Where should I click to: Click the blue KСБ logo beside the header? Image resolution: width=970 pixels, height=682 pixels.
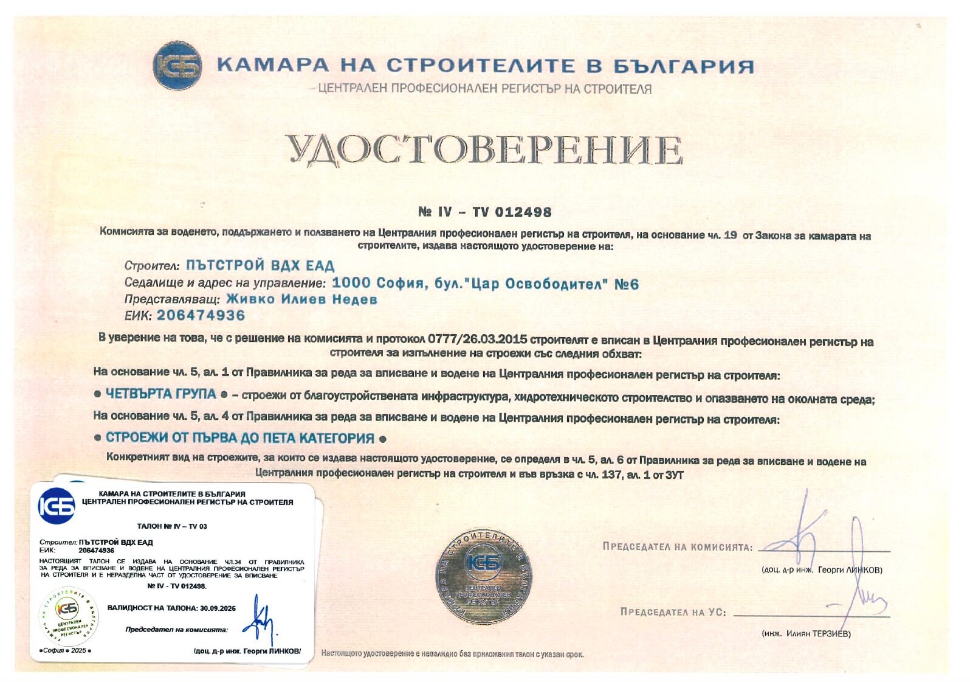point(178,66)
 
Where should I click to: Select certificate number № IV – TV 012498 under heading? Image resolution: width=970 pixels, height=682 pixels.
point(485,212)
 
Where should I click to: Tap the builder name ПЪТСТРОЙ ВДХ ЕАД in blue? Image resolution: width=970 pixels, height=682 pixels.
point(260,265)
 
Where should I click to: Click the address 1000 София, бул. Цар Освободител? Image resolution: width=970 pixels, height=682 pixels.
point(485,284)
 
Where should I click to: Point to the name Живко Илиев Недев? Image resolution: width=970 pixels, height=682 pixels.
point(301,299)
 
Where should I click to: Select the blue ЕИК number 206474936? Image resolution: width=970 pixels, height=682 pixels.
point(201,315)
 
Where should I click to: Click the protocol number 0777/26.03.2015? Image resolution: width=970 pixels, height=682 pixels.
point(477,339)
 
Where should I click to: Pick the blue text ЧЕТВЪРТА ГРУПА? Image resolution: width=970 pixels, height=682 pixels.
point(161,394)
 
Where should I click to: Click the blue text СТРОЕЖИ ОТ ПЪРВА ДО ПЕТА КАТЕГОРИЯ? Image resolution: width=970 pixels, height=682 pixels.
point(240,438)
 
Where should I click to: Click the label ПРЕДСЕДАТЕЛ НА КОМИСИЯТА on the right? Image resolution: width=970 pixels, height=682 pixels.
point(677,546)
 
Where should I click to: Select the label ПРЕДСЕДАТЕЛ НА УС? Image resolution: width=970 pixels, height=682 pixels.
point(673,611)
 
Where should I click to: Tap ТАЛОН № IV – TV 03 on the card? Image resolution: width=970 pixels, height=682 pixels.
point(172,526)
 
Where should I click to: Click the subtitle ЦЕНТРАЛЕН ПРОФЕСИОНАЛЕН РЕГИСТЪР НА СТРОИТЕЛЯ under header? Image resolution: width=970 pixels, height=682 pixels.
point(484,89)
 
